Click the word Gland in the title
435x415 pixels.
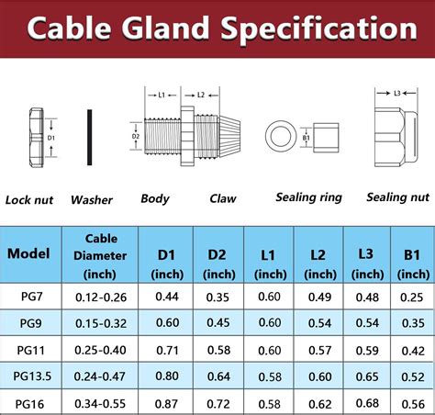(x=164, y=28)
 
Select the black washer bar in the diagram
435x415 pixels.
(x=89, y=138)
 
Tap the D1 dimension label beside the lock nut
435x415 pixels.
(x=51, y=138)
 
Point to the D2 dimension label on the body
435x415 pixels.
(x=136, y=136)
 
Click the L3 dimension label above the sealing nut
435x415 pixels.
(x=397, y=94)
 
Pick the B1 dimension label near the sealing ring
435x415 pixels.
(x=307, y=138)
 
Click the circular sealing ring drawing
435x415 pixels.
(x=281, y=136)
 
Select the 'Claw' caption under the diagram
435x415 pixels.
(x=223, y=198)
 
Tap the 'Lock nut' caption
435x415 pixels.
(x=29, y=200)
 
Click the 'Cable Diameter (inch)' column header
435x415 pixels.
(x=100, y=256)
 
